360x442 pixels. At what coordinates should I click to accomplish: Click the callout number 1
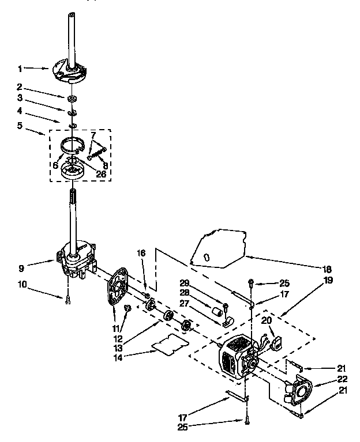point(20,69)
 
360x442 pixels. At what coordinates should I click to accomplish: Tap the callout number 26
point(101,173)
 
